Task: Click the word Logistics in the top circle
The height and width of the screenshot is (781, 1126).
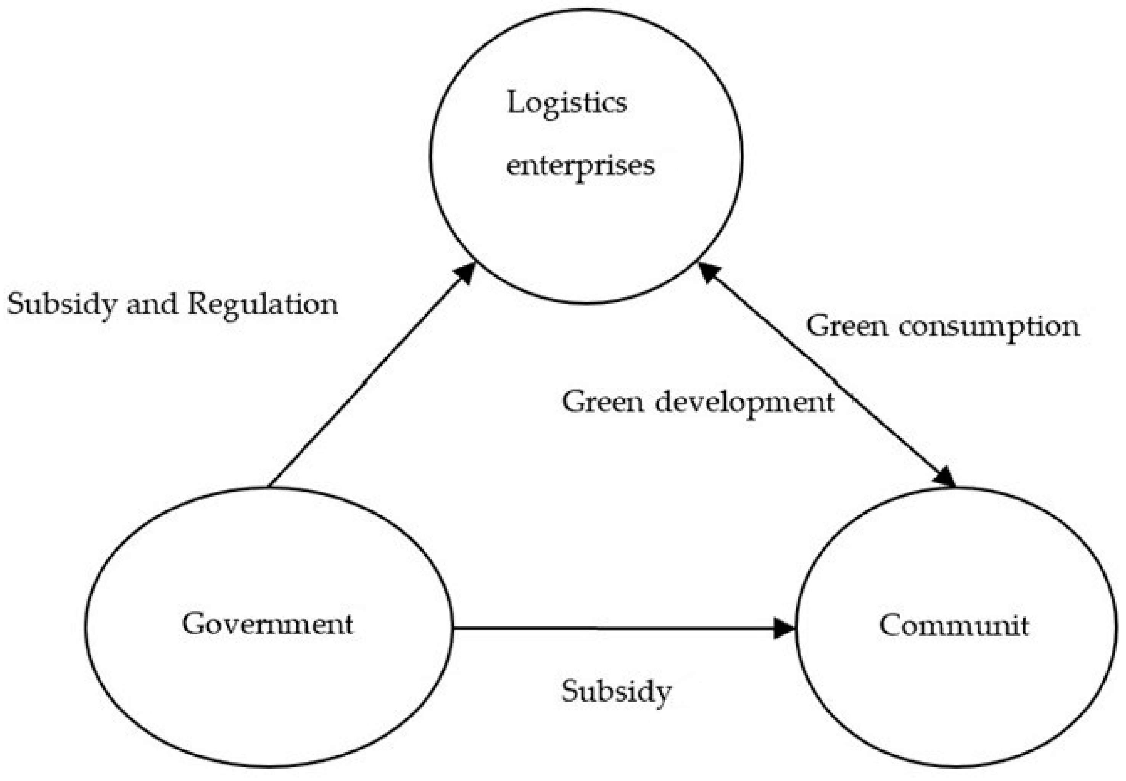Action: pos(567,103)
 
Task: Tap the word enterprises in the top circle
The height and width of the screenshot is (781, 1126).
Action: pos(580,166)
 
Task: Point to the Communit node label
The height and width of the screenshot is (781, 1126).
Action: pos(954,625)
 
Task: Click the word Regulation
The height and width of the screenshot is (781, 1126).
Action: pos(263,304)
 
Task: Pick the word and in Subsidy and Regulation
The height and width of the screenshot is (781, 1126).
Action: pos(152,304)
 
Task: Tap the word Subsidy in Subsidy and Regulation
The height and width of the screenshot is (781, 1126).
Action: pos(62,304)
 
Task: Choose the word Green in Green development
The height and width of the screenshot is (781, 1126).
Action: pos(602,402)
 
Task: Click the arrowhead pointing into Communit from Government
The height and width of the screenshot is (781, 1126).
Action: pos(784,628)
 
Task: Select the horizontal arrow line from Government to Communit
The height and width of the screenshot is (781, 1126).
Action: pos(612,628)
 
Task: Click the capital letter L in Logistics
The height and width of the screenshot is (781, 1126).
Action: pos(513,102)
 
